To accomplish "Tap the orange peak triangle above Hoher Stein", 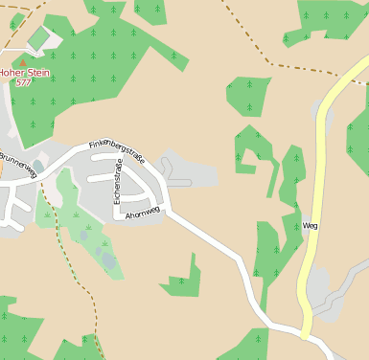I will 24,62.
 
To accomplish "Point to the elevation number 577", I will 24,83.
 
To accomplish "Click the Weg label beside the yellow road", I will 310,226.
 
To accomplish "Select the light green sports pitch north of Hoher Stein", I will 39,38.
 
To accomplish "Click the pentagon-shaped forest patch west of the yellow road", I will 247,96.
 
